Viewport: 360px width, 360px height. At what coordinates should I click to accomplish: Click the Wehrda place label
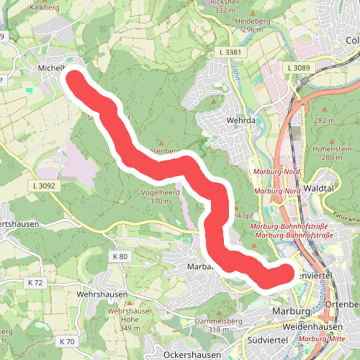tap(241, 120)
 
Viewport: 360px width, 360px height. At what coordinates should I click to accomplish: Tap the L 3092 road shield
tap(45, 185)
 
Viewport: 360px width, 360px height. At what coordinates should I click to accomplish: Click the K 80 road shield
tap(120, 256)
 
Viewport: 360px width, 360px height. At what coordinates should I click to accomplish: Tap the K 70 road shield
tap(68, 341)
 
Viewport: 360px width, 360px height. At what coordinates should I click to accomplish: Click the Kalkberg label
tap(44, 8)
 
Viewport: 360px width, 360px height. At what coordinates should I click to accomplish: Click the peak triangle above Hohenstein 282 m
tap(324, 110)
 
